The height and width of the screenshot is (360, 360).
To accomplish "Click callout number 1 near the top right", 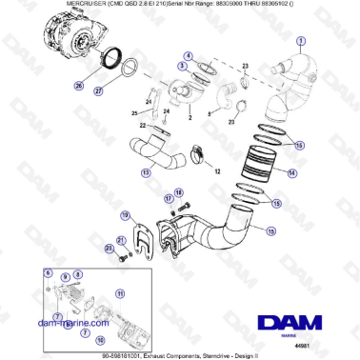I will coord(301,40).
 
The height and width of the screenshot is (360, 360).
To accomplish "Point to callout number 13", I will coord(146,173).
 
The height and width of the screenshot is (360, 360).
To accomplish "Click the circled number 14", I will coord(292,173).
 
